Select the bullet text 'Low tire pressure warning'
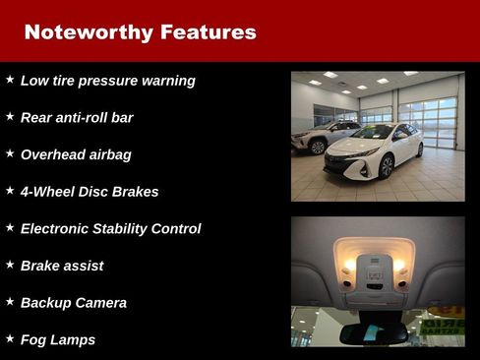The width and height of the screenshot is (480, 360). pos(108,81)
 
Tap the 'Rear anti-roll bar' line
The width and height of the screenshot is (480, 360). pos(77,118)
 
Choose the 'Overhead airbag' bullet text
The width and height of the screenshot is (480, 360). pos(76,154)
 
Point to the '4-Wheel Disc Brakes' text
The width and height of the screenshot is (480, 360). pos(90,192)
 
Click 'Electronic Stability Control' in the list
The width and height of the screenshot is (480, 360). pos(110,229)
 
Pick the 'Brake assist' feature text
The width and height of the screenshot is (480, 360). pos(62,266)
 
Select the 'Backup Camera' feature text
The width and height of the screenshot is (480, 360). pos(74,303)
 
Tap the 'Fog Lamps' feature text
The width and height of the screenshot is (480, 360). pos(58,340)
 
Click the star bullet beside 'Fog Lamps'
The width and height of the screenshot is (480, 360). pos(10,338)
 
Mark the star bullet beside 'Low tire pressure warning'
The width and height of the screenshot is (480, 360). pos(10,79)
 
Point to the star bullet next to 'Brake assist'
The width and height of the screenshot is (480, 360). pos(10,264)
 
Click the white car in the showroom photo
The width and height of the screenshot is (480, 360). pos(374,152)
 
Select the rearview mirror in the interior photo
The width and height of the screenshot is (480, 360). pos(375,332)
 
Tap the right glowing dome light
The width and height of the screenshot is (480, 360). pos(400,267)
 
